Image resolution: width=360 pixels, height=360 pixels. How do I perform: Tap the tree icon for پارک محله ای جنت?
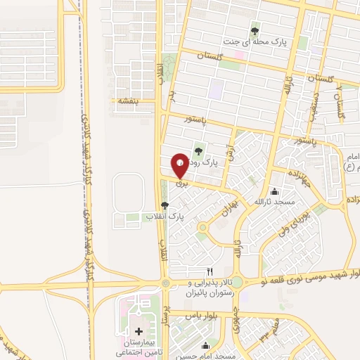[x=255, y=31]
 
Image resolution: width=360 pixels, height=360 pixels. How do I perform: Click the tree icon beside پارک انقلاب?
[x=165, y=206]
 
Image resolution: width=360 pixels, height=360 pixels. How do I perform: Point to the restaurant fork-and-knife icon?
[x=209, y=271]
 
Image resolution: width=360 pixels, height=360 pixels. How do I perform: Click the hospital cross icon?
[x=138, y=331]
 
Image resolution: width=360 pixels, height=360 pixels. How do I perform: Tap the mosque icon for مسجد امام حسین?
[x=205, y=345]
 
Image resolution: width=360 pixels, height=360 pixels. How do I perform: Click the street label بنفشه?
[x=129, y=101]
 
